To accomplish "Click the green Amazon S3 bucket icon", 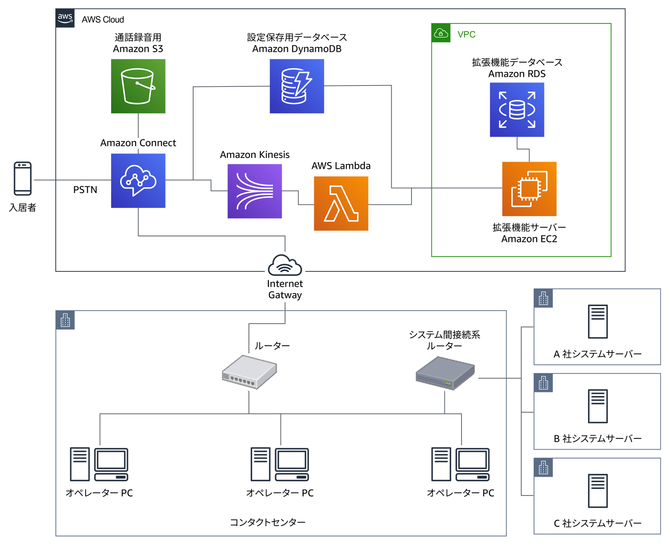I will click(x=138, y=86).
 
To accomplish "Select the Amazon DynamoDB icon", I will click(x=297, y=86).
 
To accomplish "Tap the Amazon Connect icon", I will click(x=138, y=180).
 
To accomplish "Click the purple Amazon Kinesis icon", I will click(x=254, y=191).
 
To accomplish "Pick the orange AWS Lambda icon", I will click(x=341, y=203).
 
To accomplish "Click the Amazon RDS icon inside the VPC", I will click(x=517, y=109).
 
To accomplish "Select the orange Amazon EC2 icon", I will click(x=529, y=189).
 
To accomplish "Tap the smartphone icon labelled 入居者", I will click(x=23, y=179).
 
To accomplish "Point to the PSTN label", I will click(x=85, y=190).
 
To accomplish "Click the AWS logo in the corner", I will click(x=65, y=18).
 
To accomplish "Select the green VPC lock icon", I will click(x=441, y=33).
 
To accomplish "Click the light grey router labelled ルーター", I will click(x=249, y=372).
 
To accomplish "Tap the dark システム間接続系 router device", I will click(x=445, y=373).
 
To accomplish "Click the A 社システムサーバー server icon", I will click(x=598, y=321).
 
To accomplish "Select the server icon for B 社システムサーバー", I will click(x=598, y=406).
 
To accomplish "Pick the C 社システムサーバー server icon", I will click(x=598, y=491).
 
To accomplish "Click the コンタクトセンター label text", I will click(x=267, y=522).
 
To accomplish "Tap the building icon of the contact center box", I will click(x=65, y=320).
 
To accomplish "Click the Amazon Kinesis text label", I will click(x=254, y=154).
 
